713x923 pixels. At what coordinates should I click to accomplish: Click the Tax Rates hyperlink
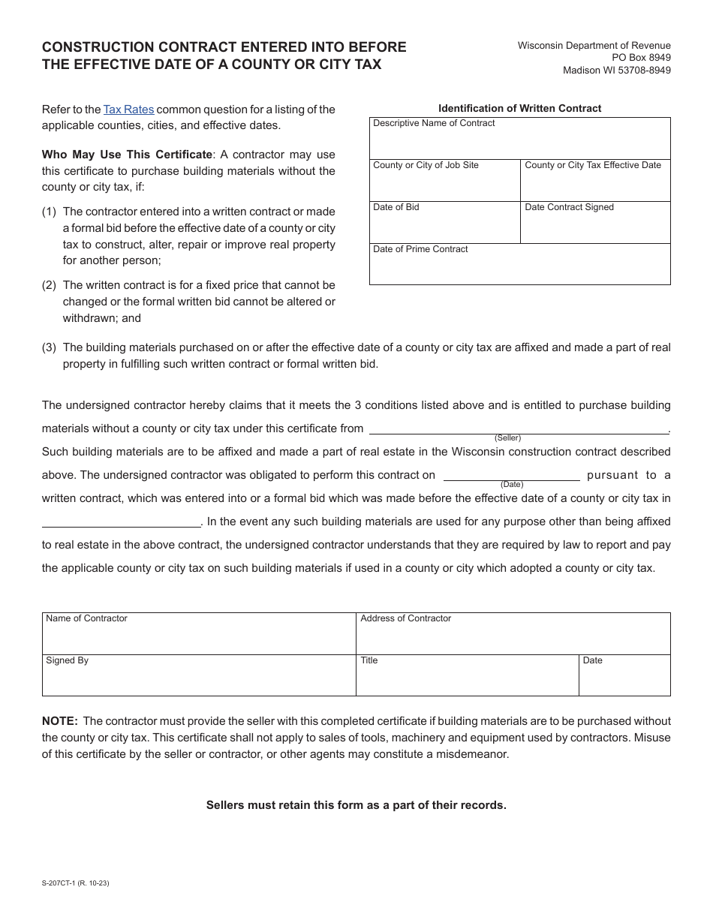(128, 110)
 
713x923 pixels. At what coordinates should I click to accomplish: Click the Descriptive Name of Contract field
(519, 143)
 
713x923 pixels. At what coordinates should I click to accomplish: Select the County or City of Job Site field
(444, 185)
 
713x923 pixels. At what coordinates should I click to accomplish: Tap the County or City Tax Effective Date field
(595, 185)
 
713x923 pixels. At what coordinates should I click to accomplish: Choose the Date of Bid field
(444, 227)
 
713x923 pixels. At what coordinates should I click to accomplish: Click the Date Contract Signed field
(595, 227)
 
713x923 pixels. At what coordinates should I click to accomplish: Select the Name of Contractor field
(199, 638)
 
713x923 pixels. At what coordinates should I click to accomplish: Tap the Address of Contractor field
(513, 638)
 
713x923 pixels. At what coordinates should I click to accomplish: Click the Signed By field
(199, 679)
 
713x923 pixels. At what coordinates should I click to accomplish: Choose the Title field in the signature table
(467, 679)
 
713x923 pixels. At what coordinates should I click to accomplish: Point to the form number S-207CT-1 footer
(76, 883)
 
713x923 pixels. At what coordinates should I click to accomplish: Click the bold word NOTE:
(60, 721)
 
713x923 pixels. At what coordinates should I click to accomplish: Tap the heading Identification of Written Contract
(519, 108)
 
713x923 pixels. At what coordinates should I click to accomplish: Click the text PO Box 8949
(642, 58)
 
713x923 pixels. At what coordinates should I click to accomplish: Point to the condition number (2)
(50, 285)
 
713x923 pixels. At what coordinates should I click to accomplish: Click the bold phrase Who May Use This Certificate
(127, 155)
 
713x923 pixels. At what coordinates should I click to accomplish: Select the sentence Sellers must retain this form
(356, 805)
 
